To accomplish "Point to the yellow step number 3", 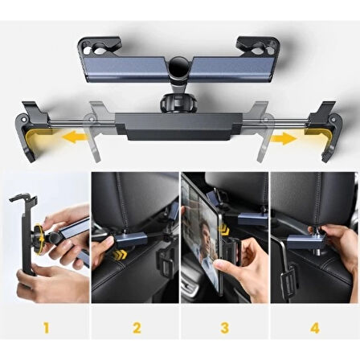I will (x=224, y=328).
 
